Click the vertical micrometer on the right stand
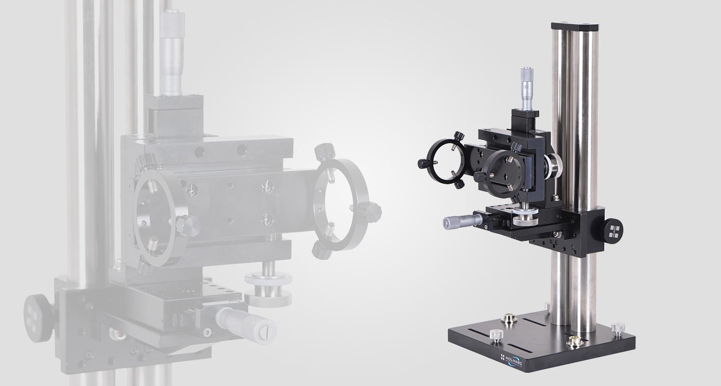(x=527, y=89)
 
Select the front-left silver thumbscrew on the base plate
(x=496, y=335)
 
